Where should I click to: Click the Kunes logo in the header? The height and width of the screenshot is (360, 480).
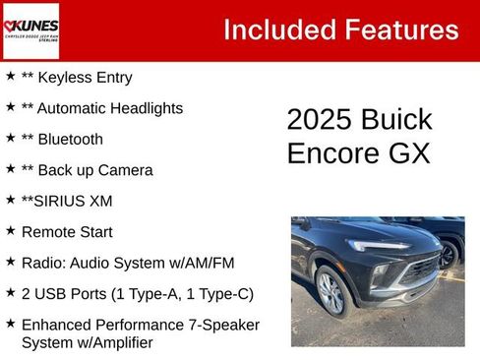click(30, 30)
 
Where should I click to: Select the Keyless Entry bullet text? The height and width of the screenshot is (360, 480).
click(85, 77)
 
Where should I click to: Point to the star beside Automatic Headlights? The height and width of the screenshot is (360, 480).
click(10, 106)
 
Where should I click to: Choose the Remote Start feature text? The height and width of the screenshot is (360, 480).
click(67, 232)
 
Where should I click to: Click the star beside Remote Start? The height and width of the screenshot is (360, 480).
click(10, 230)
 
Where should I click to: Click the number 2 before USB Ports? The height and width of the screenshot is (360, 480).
click(26, 293)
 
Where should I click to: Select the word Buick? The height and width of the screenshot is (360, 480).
click(397, 120)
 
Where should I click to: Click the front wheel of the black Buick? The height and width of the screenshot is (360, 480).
click(331, 293)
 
